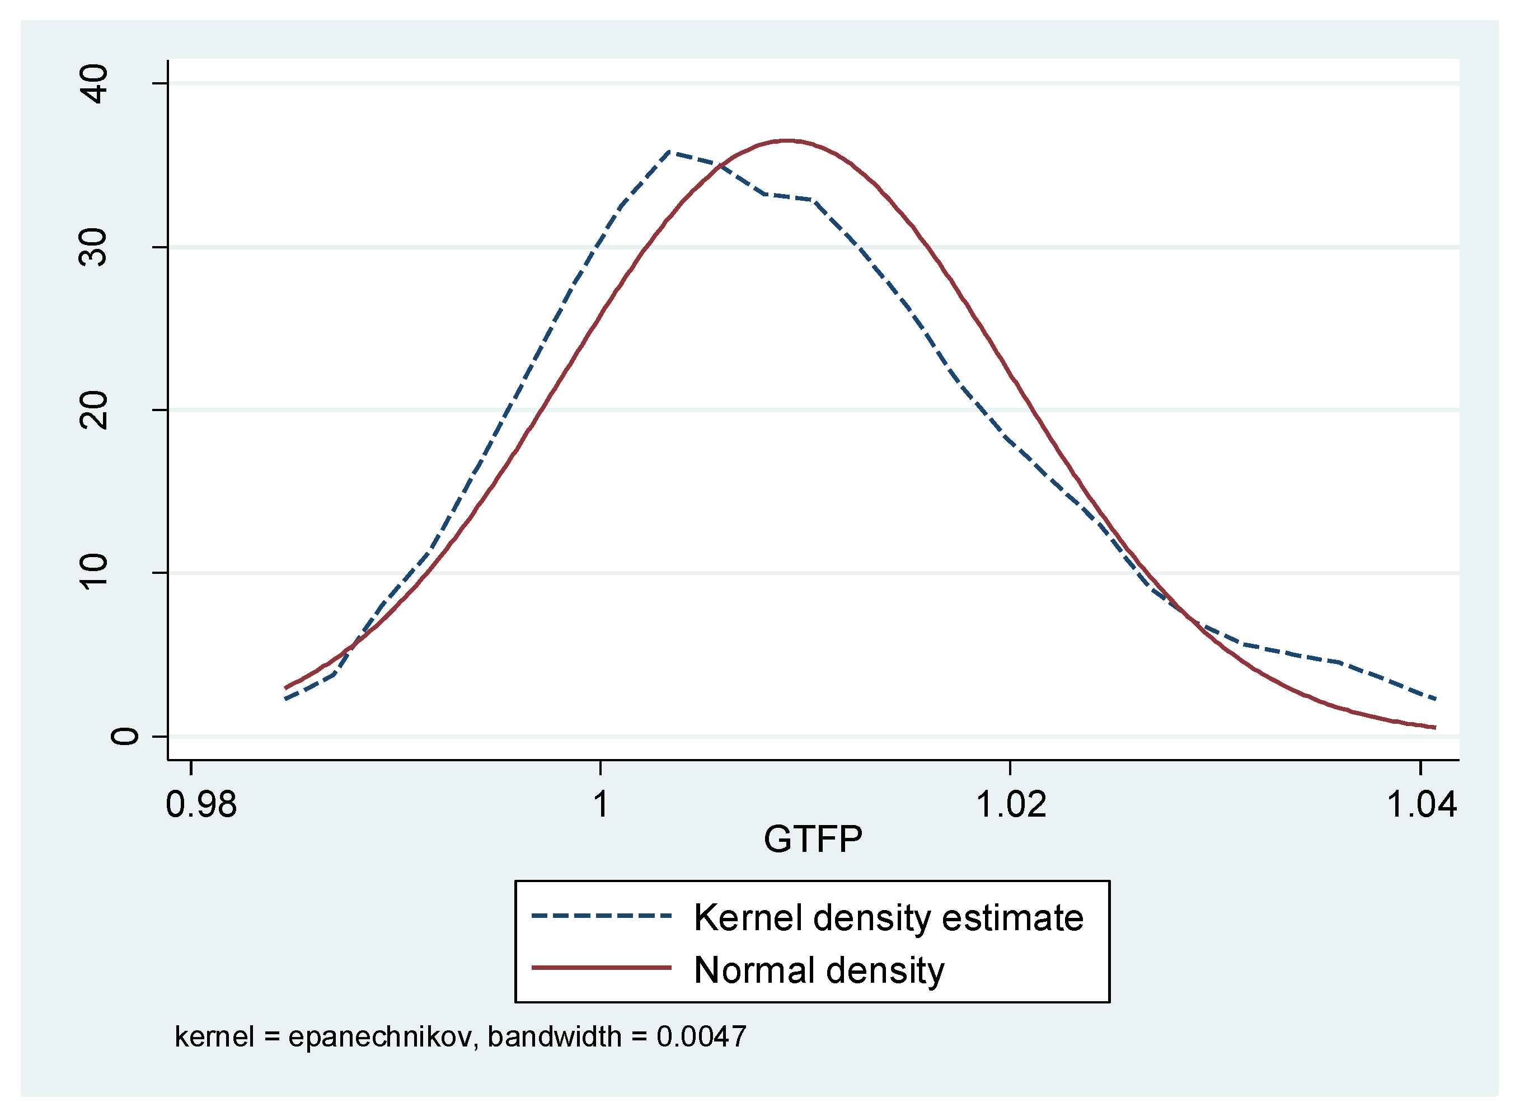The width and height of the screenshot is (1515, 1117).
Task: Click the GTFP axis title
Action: pyautogui.click(x=813, y=840)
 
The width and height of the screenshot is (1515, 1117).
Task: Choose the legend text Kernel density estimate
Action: pyautogui.click(x=889, y=918)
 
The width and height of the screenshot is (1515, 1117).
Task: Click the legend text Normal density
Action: pyautogui.click(x=819, y=970)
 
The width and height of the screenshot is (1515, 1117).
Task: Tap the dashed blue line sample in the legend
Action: pyautogui.click(x=601, y=917)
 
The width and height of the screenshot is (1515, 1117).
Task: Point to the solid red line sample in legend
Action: pyautogui.click(x=601, y=968)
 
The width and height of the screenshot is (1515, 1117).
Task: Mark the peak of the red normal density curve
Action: pyautogui.click(x=788, y=140)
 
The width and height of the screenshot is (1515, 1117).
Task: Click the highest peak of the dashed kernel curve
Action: pyautogui.click(x=669, y=152)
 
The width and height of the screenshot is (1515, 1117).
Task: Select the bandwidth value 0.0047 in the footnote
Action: pyautogui.click(x=701, y=1037)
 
